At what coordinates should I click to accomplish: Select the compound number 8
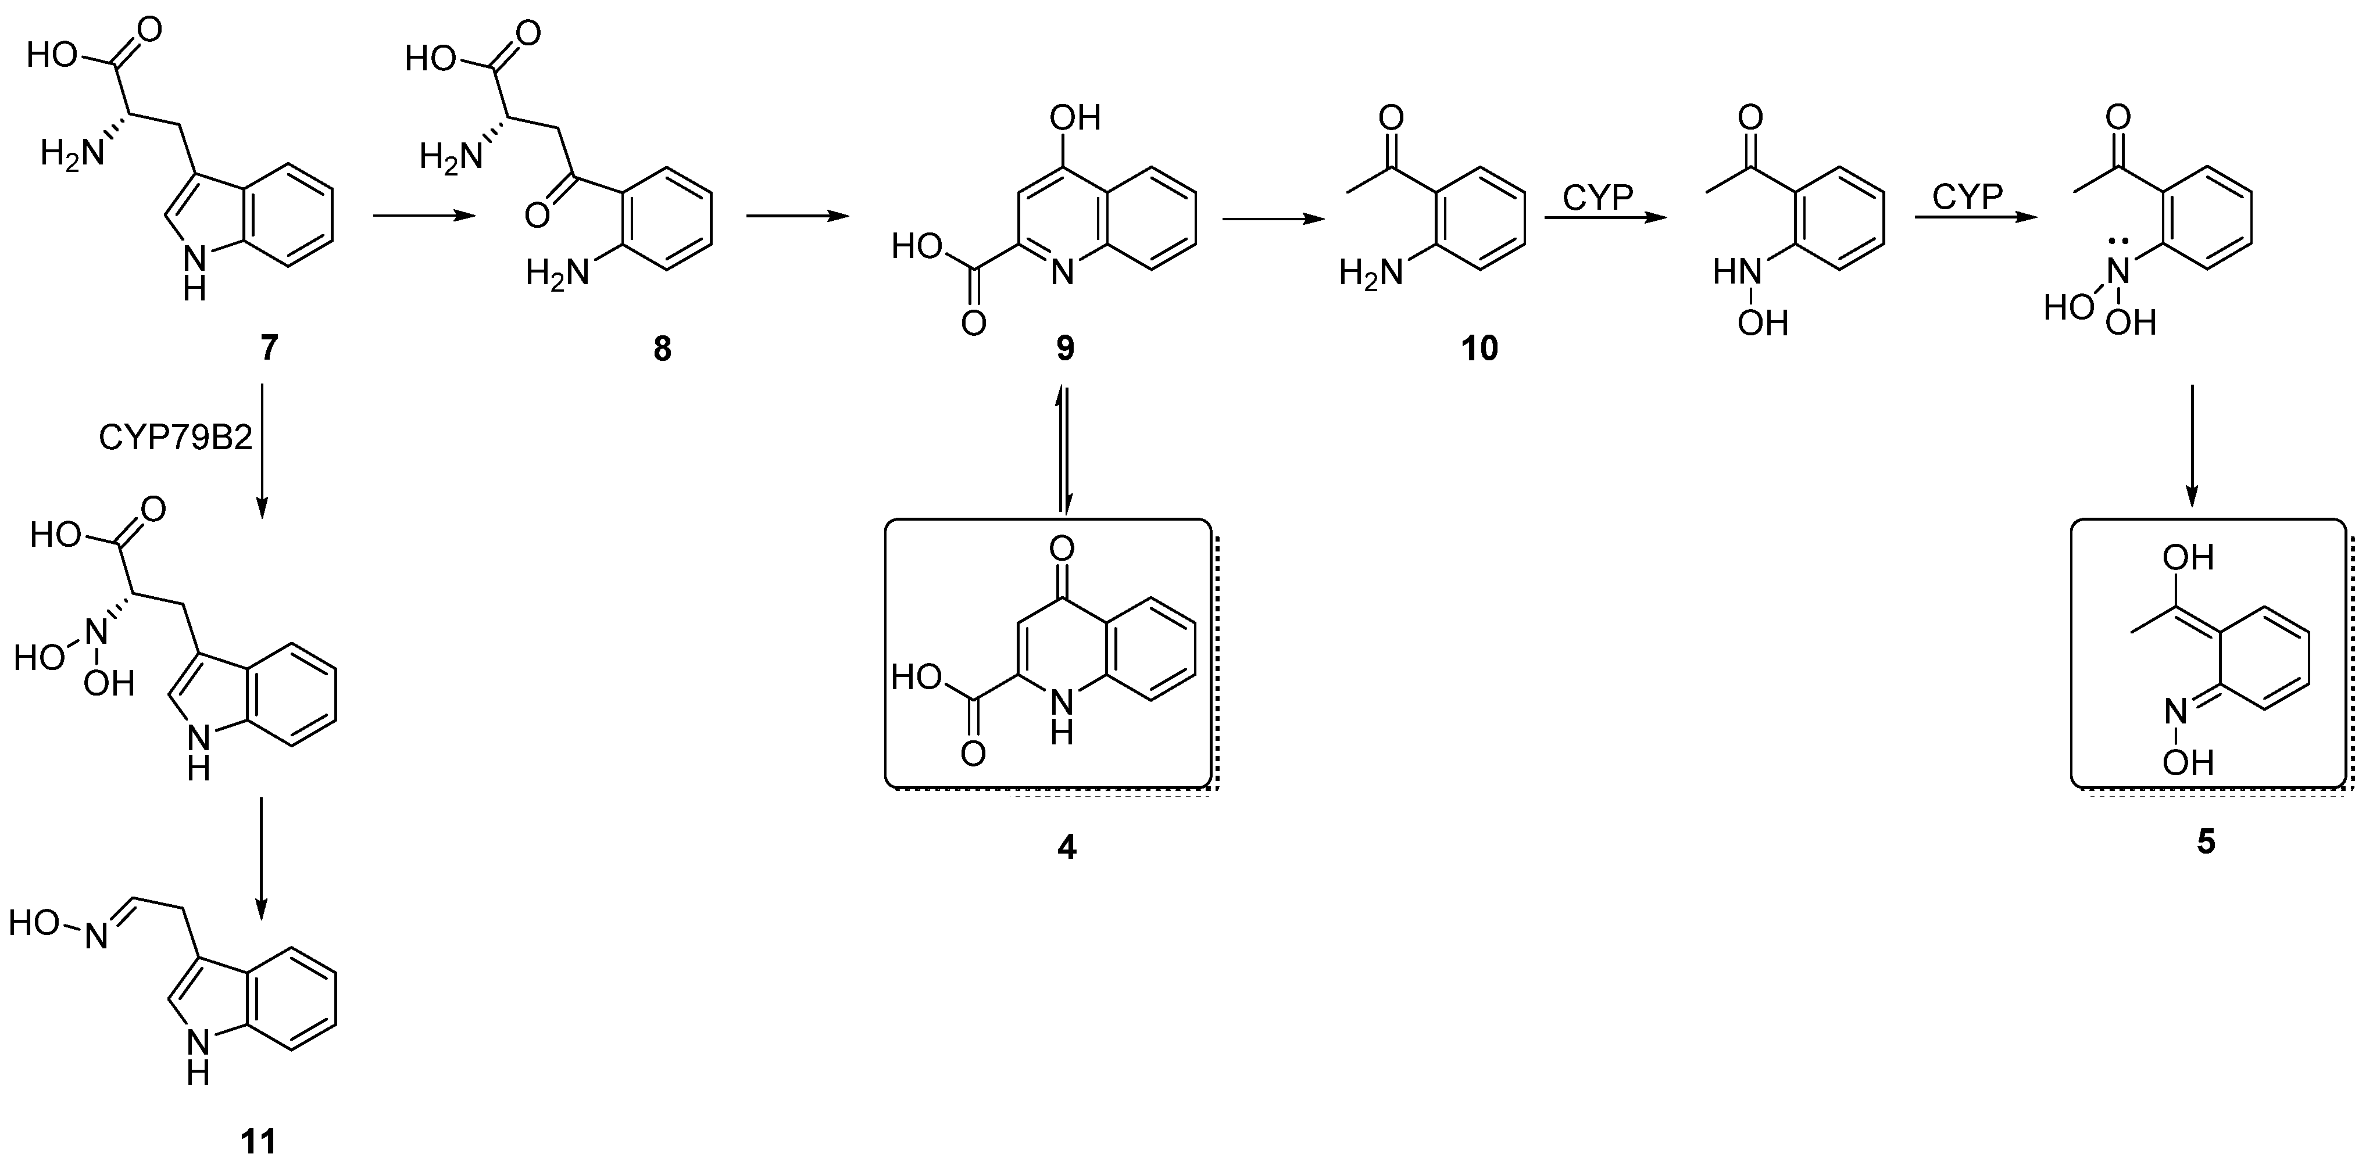[662, 349]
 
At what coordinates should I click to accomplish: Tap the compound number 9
[1065, 349]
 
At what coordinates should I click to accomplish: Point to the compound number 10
[1479, 349]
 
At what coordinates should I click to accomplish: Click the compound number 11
[259, 1142]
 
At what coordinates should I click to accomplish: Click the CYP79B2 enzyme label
[175, 438]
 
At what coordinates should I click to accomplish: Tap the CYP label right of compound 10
[1598, 196]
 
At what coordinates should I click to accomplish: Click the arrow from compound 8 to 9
[797, 216]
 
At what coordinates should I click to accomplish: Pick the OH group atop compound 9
[1075, 118]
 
